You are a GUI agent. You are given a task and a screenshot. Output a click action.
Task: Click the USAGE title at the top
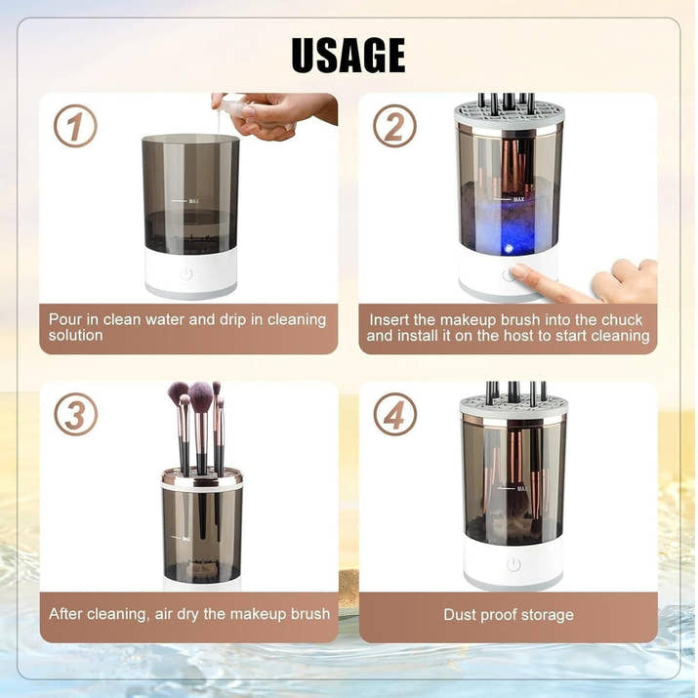[348, 55]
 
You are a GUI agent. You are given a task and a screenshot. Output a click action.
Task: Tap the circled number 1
[74, 126]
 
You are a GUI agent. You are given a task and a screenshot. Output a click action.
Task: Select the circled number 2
[394, 126]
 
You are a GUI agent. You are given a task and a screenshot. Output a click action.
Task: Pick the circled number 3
[75, 414]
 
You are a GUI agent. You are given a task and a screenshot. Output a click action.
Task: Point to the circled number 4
[394, 414]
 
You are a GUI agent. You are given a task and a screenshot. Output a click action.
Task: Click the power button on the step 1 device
[186, 274]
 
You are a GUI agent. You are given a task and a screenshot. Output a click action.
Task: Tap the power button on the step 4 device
[513, 564]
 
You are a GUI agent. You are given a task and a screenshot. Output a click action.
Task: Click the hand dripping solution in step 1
[278, 113]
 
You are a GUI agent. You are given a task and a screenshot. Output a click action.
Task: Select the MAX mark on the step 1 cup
[193, 202]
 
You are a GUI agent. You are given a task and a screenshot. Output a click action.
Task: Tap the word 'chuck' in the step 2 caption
[622, 319]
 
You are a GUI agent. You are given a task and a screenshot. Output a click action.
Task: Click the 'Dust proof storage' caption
[509, 614]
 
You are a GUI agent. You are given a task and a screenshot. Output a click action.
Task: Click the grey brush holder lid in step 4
[513, 405]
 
